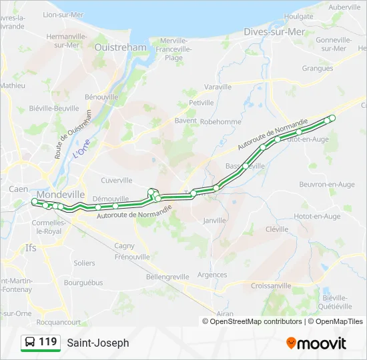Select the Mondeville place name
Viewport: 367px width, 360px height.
pyautogui.click(x=61, y=194)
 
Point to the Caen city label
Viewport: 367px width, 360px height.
pyautogui.click(x=18, y=189)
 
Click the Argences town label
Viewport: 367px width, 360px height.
pyautogui.click(x=212, y=275)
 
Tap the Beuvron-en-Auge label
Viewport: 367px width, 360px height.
pyautogui.click(x=327, y=184)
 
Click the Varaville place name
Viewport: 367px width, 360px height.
pyautogui.click(x=218, y=87)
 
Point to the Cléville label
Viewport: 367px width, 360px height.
pyautogui.click(x=277, y=229)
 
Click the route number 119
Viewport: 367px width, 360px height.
pyautogui.click(x=47, y=342)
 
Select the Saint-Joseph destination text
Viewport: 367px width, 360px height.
pyautogui.click(x=98, y=343)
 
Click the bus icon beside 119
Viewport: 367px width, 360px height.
pyautogui.click(x=30, y=343)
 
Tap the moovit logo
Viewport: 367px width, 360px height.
pyautogui.click(x=316, y=343)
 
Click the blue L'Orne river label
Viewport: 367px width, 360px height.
pyautogui.click(x=81, y=147)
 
